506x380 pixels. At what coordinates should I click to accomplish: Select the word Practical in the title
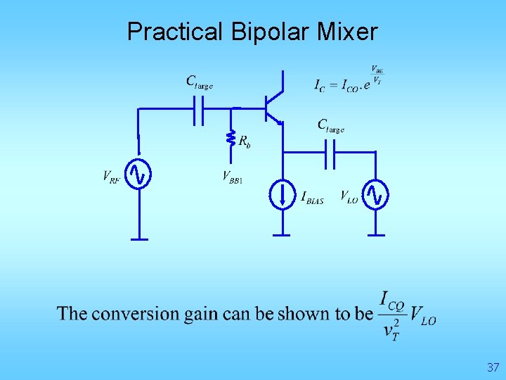172,32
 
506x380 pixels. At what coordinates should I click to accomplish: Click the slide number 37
492,367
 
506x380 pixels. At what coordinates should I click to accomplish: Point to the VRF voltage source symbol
138,175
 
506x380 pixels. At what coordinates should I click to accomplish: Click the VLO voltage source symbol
376,194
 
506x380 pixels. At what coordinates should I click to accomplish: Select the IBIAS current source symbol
282,194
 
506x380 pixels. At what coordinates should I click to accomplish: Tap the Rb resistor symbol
231,139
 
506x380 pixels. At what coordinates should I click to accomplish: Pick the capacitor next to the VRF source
199,109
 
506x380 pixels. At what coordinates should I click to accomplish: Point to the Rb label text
245,142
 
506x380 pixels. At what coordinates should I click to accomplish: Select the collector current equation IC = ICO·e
348,82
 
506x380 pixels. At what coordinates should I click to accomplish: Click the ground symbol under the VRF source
138,239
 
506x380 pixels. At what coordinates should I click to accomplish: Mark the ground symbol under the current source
282,234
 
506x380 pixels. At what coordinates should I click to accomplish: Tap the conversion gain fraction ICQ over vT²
392,315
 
